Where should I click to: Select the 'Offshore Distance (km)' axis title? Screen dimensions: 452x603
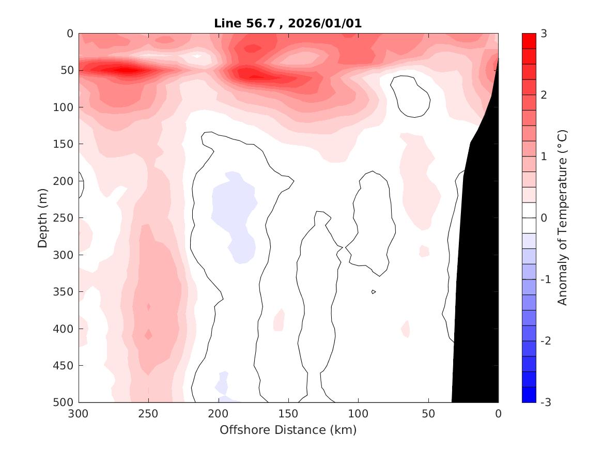(288, 430)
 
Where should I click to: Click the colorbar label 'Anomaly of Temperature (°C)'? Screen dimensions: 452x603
(563, 217)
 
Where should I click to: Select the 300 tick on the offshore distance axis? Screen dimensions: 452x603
(79, 414)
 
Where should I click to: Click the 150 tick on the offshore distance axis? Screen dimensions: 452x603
(288, 414)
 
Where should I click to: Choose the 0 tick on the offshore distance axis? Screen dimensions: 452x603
(498, 414)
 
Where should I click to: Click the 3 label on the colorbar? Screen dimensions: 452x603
(544, 34)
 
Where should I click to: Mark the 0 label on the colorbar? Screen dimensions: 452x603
(544, 218)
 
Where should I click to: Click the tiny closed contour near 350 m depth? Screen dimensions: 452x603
(374, 292)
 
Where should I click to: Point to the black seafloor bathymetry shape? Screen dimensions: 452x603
(478, 258)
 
